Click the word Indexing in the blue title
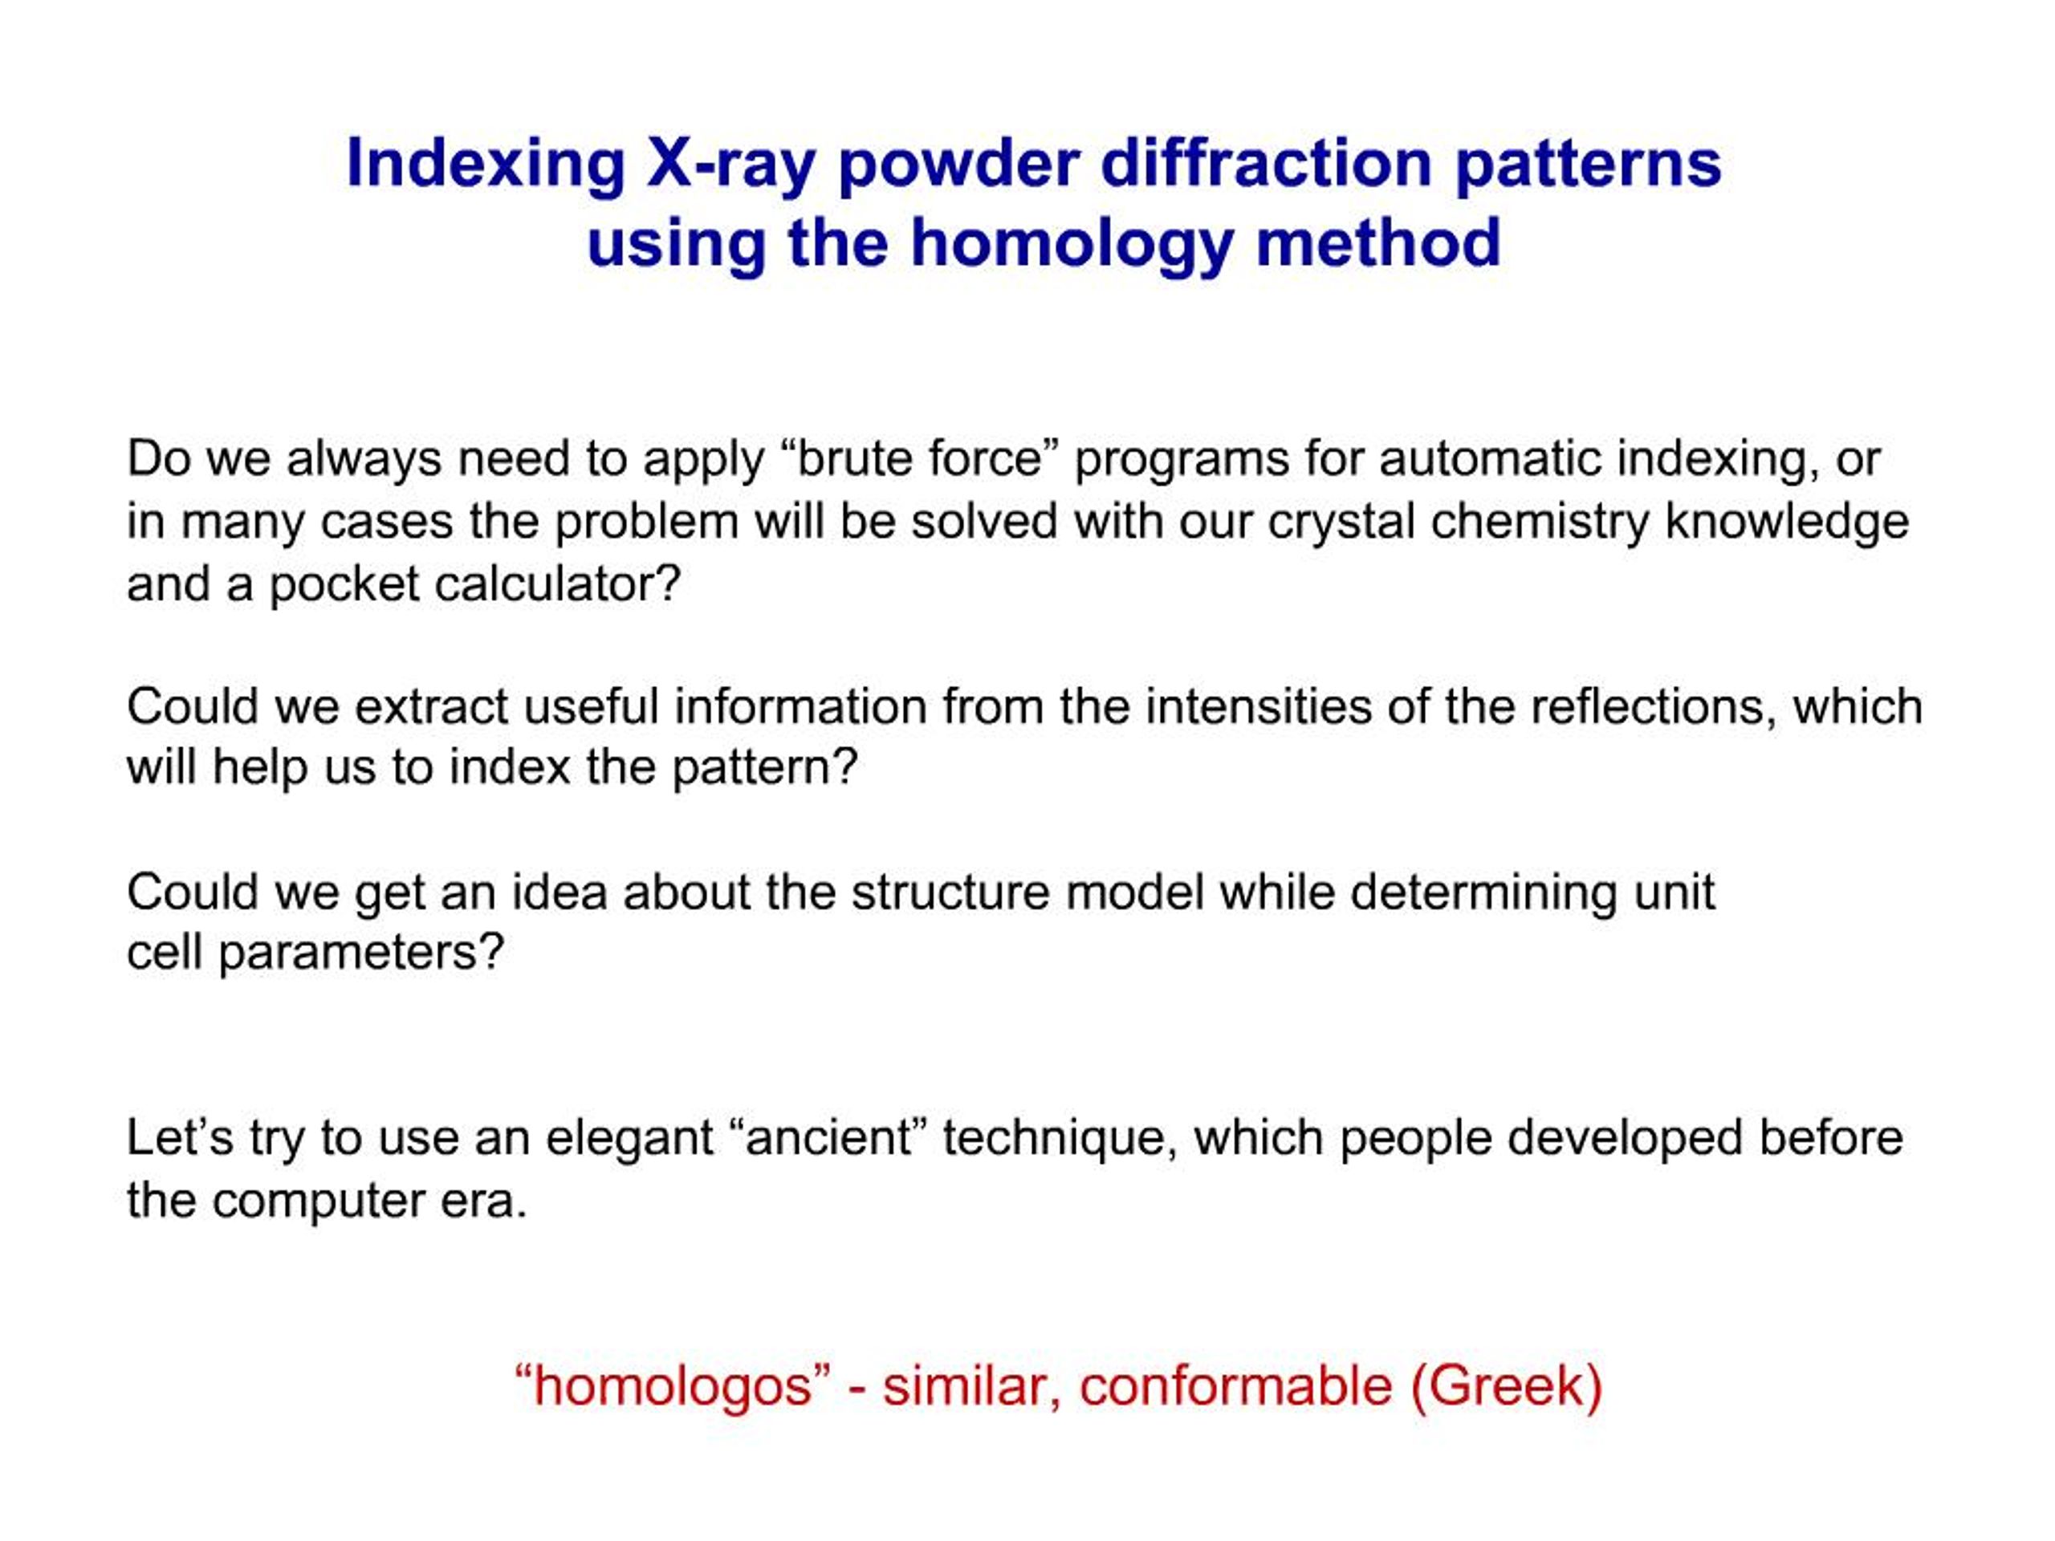point(485,165)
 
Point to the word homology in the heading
point(1071,244)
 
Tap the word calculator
point(557,584)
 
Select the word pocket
point(344,584)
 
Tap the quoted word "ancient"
point(829,1139)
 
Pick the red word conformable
point(1235,1387)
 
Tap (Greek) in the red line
point(1506,1387)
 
